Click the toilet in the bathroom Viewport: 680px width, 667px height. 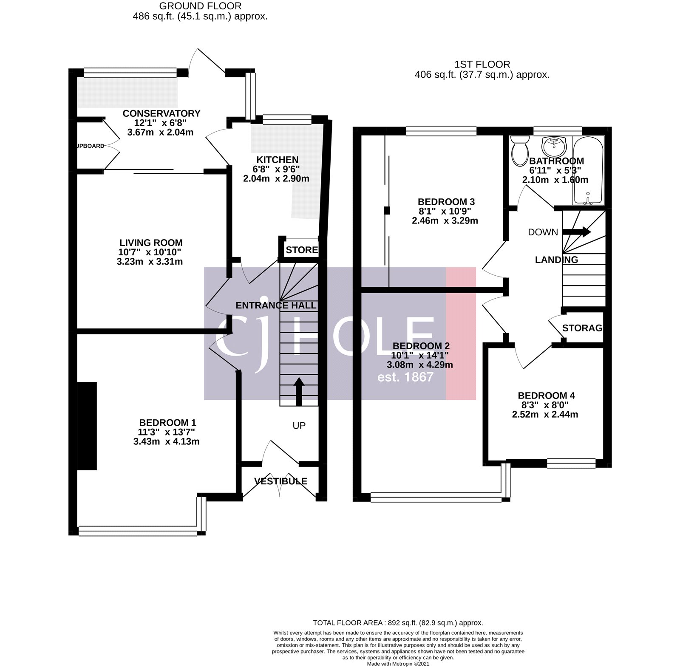point(519,152)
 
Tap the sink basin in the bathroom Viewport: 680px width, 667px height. point(554,147)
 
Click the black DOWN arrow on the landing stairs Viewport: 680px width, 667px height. point(577,232)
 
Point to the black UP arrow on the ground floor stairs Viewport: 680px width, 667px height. point(299,391)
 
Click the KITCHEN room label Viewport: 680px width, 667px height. point(278,160)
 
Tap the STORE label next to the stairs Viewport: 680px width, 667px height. point(302,250)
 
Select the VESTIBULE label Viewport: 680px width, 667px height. point(280,481)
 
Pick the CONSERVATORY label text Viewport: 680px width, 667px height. point(161,113)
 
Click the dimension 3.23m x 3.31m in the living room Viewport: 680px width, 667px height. point(150,262)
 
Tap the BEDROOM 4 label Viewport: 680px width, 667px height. point(546,396)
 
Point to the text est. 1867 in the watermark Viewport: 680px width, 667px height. point(405,377)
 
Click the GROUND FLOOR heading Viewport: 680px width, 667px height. point(200,6)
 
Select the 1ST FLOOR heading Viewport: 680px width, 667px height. point(482,65)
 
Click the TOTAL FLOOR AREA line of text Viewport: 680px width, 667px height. point(398,623)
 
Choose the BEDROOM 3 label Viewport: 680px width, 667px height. point(446,202)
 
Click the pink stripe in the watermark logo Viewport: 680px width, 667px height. point(461,333)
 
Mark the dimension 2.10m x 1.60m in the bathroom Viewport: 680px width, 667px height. point(555,180)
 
